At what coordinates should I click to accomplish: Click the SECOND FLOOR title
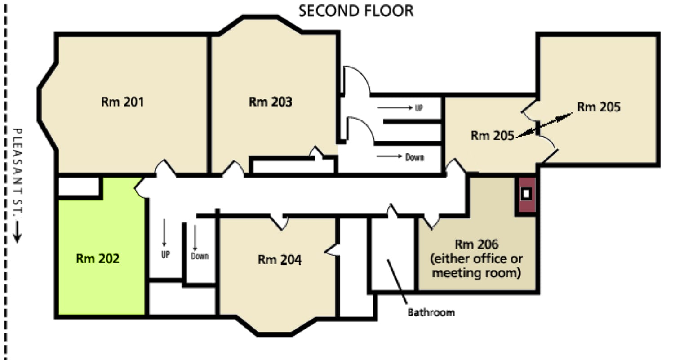356,11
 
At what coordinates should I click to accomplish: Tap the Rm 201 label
122,102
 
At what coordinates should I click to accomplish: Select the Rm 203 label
270,102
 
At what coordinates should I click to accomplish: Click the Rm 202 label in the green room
98,258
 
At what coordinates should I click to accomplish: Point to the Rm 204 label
280,260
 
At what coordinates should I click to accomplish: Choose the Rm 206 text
476,244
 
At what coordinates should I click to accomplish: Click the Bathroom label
431,312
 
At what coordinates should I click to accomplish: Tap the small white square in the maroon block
526,193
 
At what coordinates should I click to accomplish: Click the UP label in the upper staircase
419,108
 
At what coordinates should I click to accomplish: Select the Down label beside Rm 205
415,157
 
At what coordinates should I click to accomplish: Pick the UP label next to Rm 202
165,254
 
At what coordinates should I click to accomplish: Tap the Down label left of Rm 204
200,256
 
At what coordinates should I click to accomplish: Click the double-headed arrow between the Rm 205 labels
545,125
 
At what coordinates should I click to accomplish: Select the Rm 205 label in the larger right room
599,107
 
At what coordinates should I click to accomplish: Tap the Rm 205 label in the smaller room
493,136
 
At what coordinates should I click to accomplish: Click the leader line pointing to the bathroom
397,282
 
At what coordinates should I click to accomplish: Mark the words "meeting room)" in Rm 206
476,273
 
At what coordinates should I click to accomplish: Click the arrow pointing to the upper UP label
395,107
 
